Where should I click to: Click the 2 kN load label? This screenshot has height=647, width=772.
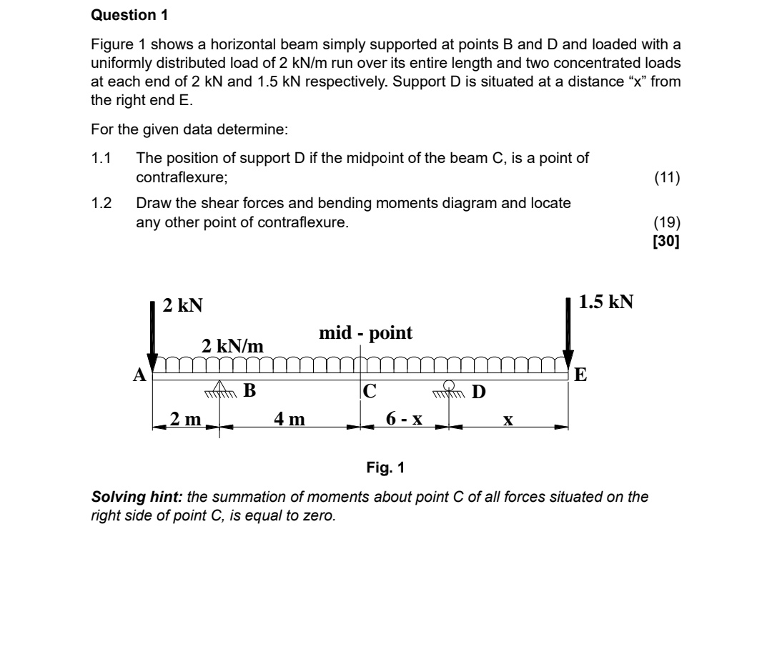pos(182,305)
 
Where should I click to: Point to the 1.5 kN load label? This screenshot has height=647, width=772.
pos(605,302)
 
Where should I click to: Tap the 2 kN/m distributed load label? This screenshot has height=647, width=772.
pos(232,346)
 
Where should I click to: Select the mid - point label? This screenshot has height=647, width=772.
pos(365,332)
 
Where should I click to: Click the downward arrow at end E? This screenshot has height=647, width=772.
pos(568,331)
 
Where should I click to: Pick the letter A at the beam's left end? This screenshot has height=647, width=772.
pos(140,374)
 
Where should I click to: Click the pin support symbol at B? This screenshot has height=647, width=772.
pos(219,390)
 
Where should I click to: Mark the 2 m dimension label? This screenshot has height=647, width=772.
pos(184,419)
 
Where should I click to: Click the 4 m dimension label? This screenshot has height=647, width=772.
pos(289,419)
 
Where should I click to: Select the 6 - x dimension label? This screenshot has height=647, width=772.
pos(404,419)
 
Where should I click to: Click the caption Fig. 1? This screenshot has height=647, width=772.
pos(385,468)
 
